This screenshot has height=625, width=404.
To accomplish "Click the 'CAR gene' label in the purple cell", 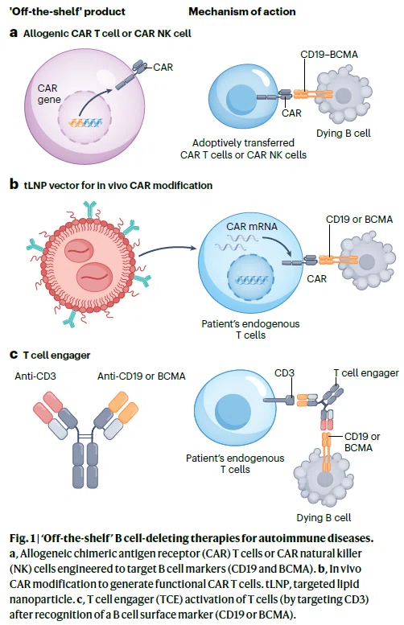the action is (49, 93).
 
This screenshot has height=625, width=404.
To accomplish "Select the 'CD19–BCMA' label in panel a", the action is (329, 55).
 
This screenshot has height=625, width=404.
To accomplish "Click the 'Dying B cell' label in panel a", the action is (344, 134).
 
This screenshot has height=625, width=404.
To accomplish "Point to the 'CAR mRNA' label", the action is (252, 226).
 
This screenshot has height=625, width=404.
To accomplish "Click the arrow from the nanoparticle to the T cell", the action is (168, 250).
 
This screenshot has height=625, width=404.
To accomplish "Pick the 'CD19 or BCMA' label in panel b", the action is (359, 220).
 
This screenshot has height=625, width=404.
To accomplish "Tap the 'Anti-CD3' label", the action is (35, 376).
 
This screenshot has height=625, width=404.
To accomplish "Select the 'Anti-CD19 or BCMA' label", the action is (142, 376).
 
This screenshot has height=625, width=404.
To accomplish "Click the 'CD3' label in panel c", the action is (284, 373).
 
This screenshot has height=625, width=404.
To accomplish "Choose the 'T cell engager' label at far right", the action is (366, 373).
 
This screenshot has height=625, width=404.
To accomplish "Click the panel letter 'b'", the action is (14, 184).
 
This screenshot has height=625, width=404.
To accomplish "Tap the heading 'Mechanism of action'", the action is (242, 11).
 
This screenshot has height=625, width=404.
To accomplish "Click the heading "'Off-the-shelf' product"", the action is (68, 11).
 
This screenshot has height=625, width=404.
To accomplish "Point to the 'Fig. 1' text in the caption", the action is (23, 538).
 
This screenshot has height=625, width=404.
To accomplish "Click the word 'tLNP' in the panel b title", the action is (35, 185).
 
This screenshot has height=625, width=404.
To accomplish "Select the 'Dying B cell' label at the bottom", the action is (324, 518).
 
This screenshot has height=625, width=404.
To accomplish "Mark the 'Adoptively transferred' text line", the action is (243, 142).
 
